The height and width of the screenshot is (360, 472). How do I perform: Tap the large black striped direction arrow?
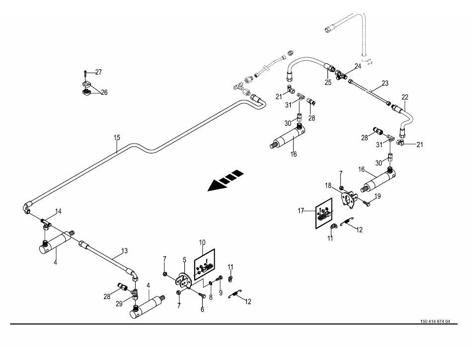coord(226,180)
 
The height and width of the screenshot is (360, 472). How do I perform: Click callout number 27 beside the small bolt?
coord(98,72)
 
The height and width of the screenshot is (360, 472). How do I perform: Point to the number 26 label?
coord(104,92)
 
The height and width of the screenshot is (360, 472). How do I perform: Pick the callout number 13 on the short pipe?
coord(124,251)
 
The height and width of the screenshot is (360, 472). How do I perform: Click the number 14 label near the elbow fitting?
coord(59,212)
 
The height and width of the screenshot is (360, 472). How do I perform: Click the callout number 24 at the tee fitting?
coord(358,66)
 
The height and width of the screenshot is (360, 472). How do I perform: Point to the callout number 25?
coord(328,82)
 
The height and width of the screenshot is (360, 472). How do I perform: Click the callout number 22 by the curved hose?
coord(404,97)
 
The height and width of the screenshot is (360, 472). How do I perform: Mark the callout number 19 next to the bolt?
coord(378,197)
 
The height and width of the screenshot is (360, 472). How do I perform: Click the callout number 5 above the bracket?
coord(184,260)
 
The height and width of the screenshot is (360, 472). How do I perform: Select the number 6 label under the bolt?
coord(202,309)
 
